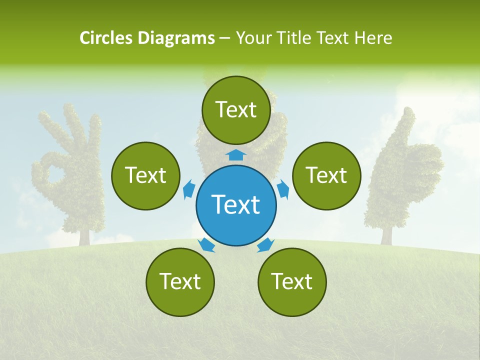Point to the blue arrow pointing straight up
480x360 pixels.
click(x=236, y=154)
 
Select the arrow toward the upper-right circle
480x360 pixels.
click(x=282, y=189)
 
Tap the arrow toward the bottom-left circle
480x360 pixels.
click(x=206, y=244)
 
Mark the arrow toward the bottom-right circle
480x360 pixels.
click(x=265, y=244)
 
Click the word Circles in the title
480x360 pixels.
click(x=106, y=38)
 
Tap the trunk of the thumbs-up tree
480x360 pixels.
click(x=386, y=235)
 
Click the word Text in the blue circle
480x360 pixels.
click(x=236, y=204)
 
